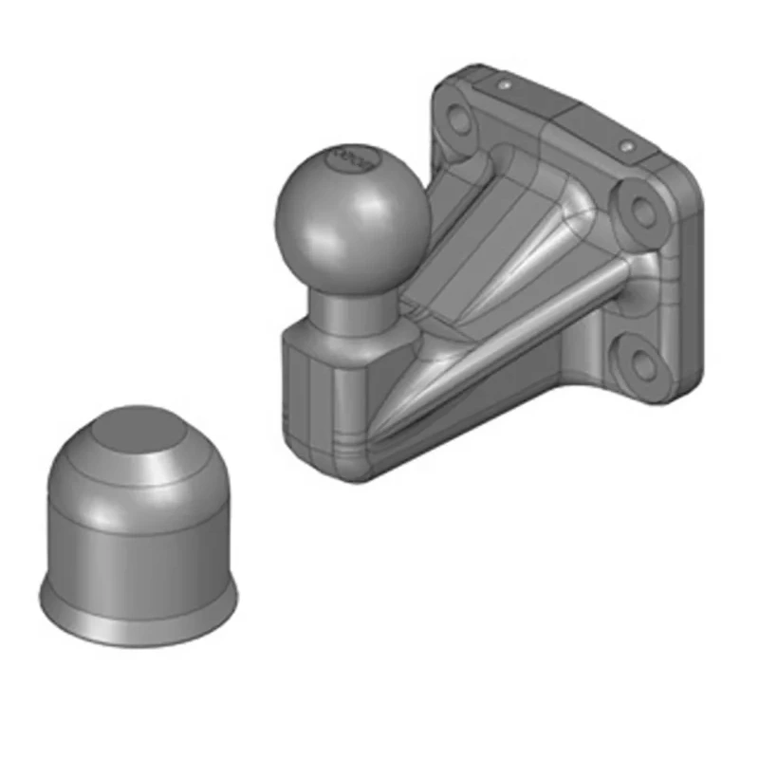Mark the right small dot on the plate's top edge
pos(626,147)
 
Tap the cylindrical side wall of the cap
pos(138,550)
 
